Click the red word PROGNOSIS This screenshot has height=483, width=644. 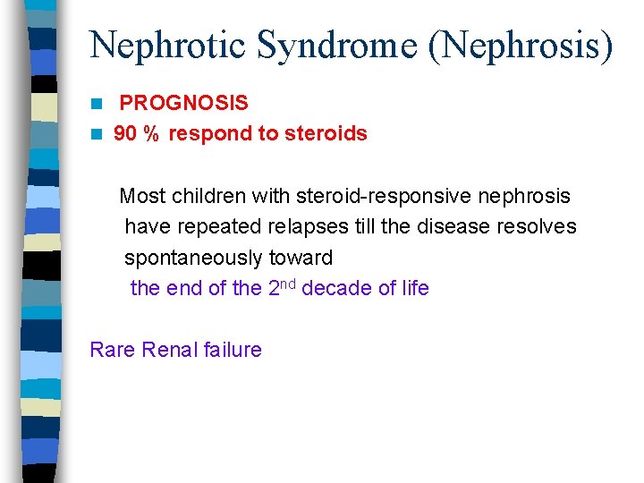click(183, 103)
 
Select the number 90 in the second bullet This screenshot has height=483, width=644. click(126, 133)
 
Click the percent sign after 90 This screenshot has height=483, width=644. click(151, 133)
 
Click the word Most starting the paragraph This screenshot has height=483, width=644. click(141, 195)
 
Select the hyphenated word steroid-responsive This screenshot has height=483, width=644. click(379, 195)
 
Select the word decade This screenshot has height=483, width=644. click(335, 288)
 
